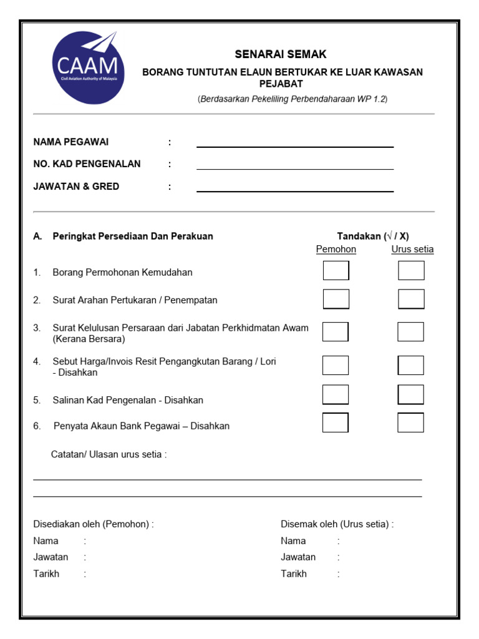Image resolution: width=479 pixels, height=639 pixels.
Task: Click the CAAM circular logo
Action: coord(87,67)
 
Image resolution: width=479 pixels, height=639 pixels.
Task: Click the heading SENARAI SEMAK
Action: coord(280,54)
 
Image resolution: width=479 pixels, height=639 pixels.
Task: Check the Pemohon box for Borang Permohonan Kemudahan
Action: coord(336,271)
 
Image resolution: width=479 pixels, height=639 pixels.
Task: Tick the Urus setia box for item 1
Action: coord(411,271)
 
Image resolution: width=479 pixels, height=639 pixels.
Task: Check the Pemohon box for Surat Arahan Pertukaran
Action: coord(336,299)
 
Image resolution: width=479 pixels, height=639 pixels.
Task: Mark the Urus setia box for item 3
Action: coord(411,332)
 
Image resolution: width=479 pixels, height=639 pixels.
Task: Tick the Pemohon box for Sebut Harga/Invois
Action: coord(336,365)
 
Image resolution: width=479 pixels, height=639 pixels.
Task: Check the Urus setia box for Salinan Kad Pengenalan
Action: coord(411,394)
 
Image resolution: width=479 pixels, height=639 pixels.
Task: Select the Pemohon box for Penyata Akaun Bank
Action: coord(336,422)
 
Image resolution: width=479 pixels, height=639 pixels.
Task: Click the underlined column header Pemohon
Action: coord(336,250)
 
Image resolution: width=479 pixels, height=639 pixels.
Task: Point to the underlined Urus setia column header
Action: coord(412,250)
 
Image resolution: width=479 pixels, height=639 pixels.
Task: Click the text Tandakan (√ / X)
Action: coord(373,236)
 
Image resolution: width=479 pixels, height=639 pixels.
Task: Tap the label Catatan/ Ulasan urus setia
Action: coord(109,454)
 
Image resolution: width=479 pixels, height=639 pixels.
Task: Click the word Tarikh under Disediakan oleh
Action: coord(46,573)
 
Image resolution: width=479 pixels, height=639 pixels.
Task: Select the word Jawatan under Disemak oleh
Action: coord(298,557)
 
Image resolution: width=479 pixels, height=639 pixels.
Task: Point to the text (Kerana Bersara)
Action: coord(89,339)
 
